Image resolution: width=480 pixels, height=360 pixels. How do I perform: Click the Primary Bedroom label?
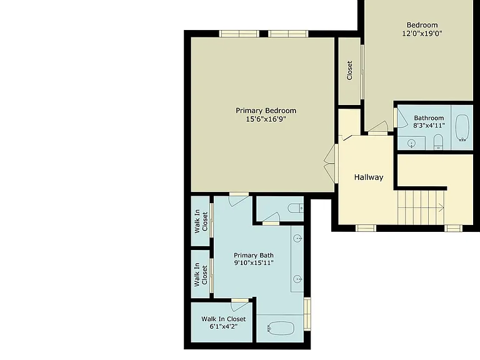tap(266, 111)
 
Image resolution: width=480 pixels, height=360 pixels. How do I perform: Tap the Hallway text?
tap(369, 177)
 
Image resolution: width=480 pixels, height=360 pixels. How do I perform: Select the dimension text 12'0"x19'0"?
tap(422, 33)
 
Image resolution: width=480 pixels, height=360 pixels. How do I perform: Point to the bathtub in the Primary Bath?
tap(281, 328)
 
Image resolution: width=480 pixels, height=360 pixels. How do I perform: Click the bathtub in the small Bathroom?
tap(462, 127)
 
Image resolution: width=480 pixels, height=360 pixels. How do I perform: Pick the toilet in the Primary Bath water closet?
tap(296, 209)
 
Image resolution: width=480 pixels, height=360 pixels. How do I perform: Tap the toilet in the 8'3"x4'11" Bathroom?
tap(438, 142)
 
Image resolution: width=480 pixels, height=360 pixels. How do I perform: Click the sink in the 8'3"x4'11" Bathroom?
tap(412, 143)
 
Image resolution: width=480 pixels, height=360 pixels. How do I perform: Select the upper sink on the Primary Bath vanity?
tap(297, 238)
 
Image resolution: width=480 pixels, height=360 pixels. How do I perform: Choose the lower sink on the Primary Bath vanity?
tap(297, 279)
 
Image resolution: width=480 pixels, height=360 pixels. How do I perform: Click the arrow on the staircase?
tap(441, 207)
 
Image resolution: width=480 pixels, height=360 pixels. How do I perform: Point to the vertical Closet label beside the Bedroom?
tap(349, 71)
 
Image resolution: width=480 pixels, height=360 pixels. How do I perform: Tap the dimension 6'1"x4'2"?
tap(224, 326)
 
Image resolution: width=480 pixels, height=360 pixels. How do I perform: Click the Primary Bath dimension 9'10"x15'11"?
tap(254, 262)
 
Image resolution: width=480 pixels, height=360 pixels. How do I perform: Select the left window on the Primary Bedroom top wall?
tap(239, 34)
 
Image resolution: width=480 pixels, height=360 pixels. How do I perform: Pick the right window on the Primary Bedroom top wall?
tap(288, 34)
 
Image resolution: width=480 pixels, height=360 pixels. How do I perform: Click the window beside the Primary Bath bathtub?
tap(307, 314)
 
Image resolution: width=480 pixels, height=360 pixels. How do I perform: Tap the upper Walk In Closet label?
tap(201, 221)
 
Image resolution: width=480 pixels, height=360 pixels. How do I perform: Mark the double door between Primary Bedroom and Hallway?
tap(331, 164)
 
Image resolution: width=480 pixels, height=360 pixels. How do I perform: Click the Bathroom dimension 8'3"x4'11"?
tap(429, 126)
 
